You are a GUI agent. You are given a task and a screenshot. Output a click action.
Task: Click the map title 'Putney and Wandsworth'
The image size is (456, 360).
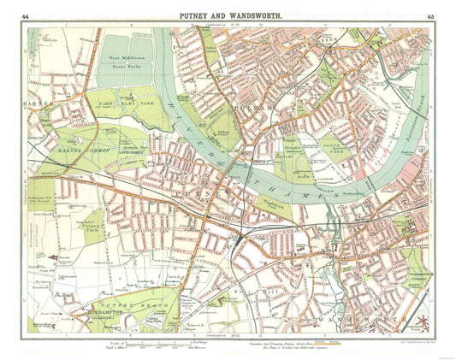tap(228, 15)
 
